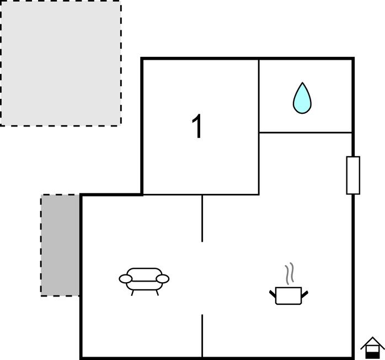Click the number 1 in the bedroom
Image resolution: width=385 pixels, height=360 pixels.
[197, 126]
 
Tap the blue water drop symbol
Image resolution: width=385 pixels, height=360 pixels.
[302, 98]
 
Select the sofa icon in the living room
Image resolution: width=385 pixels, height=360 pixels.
[144, 282]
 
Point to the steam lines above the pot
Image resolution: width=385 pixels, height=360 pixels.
[290, 273]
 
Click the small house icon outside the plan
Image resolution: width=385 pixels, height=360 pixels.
[372, 347]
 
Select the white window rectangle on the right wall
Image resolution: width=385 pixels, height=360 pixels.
[353, 175]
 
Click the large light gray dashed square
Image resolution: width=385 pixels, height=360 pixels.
[61, 63]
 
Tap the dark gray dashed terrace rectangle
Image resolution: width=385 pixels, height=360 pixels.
[60, 245]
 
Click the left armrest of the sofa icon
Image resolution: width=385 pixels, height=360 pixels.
[125, 279]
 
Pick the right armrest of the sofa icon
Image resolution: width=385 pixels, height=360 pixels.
[163, 279]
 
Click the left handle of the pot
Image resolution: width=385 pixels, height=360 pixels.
[272, 294]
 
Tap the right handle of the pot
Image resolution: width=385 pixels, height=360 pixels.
[304, 294]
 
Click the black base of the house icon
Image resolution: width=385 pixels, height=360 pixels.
[372, 355]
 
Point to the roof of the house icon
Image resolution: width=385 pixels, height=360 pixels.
[372, 342]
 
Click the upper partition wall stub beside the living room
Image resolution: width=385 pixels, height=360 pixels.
[202, 219]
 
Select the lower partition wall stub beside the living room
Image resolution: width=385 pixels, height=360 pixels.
[202, 336]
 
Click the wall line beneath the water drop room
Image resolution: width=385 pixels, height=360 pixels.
[306, 133]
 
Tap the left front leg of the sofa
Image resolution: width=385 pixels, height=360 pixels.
[132, 293]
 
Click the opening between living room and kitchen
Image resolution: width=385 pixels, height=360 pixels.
[202, 278]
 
